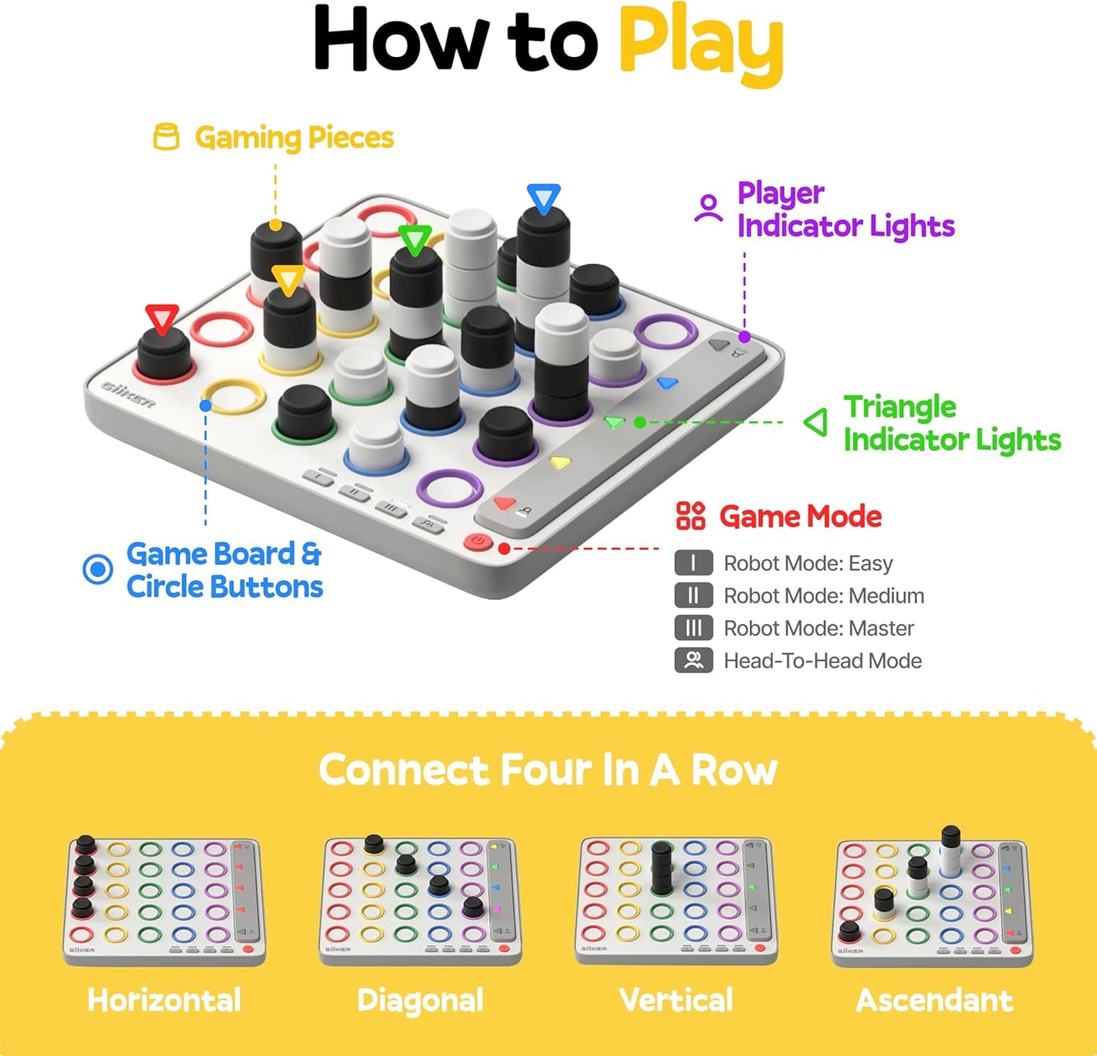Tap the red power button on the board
pos(478,542)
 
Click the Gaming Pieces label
pos(294,138)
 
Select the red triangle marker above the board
pos(162,318)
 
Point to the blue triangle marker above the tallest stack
pos(544,198)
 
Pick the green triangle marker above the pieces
pos(415,240)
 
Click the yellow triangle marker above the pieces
pos(288,279)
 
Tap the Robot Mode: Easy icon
pos(693,563)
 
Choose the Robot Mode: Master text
pos(818,629)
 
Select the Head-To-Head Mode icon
pos(693,660)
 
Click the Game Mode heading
pos(800,517)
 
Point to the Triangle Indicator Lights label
pos(951,424)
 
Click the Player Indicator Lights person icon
pos(708,208)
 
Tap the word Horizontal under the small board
pos(164,1001)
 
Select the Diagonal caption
pos(420,1001)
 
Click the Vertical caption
pos(676,1001)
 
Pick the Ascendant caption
pos(935,1001)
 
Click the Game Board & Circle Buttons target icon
pos(98,569)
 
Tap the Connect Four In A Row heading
pos(548,771)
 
